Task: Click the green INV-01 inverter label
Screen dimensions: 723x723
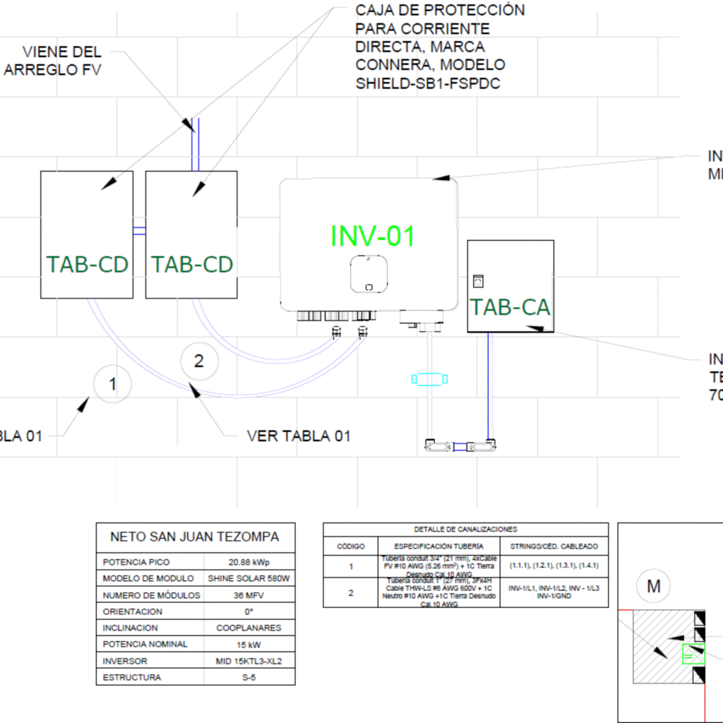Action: pyautogui.click(x=373, y=236)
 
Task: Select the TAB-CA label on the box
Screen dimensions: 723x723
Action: pyautogui.click(x=510, y=307)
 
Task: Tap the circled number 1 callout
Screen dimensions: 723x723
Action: pyautogui.click(x=112, y=384)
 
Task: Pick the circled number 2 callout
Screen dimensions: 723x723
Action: pyautogui.click(x=198, y=361)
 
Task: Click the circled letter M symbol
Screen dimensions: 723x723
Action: pyautogui.click(x=653, y=585)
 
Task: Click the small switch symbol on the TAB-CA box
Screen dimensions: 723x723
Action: pyautogui.click(x=478, y=281)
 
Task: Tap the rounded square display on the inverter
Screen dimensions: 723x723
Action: pyautogui.click(x=369, y=273)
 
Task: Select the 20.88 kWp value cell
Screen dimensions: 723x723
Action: pyautogui.click(x=249, y=562)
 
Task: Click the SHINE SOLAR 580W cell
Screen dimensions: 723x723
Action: pyautogui.click(x=249, y=578)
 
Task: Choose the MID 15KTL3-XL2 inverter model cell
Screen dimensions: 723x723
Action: pyautogui.click(x=249, y=662)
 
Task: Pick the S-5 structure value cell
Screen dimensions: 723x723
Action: pyautogui.click(x=249, y=678)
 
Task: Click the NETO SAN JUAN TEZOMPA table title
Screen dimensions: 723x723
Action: pyautogui.click(x=195, y=537)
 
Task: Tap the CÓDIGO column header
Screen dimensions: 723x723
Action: pyautogui.click(x=350, y=546)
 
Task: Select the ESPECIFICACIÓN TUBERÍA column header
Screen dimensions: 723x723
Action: pyautogui.click(x=438, y=546)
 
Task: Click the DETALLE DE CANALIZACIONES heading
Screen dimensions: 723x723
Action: pyautogui.click(x=465, y=529)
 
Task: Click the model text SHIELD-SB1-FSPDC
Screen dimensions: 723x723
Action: pyautogui.click(x=430, y=83)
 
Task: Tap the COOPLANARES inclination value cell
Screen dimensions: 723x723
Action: pyautogui.click(x=249, y=628)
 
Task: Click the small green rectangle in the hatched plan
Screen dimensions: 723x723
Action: pyautogui.click(x=693, y=655)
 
